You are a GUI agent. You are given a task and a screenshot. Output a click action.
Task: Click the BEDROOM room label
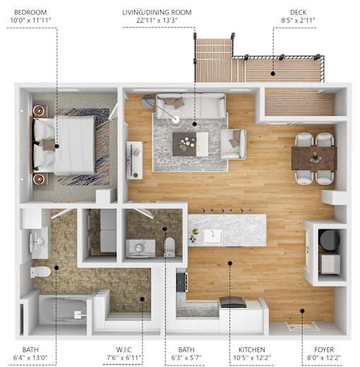point(30,12)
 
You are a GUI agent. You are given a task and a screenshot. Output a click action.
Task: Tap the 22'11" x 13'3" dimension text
point(157,20)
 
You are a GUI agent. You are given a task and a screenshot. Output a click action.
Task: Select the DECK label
point(298,12)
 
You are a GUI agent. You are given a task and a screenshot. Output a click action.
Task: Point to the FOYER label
point(324,349)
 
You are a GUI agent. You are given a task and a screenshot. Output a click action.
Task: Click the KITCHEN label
point(252,349)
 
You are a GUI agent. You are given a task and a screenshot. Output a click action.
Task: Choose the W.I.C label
point(124,349)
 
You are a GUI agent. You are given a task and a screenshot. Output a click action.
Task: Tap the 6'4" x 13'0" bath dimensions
point(30,358)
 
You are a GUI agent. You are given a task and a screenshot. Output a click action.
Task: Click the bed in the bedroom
point(64,146)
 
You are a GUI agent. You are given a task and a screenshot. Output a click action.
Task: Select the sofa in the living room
point(191,106)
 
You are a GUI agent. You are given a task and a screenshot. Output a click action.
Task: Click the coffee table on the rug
point(191,144)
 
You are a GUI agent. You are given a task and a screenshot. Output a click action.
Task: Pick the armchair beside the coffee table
point(234,144)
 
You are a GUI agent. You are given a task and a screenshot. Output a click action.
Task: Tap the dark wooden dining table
point(314,158)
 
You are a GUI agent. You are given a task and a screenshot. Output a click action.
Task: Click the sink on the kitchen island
point(213,236)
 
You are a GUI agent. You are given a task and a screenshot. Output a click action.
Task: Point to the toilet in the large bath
point(40,272)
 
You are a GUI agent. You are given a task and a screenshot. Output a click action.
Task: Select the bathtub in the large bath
point(64,311)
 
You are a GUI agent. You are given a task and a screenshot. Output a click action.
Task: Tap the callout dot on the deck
point(273,73)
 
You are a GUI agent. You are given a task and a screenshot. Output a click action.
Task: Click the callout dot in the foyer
point(302,311)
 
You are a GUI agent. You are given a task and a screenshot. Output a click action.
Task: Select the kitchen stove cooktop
point(181,282)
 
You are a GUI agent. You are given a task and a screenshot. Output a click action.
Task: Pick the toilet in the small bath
point(169,247)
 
